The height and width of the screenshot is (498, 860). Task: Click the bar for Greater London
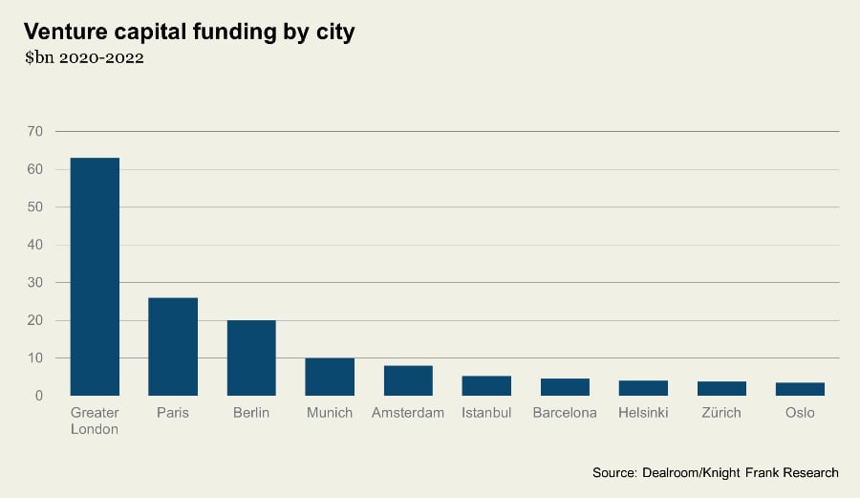pos(95,276)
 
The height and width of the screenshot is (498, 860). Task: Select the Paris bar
pos(173,346)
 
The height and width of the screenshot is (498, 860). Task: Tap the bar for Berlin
pos(251,357)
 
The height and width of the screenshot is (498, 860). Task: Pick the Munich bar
pos(330,377)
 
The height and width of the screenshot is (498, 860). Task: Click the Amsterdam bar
pos(408,380)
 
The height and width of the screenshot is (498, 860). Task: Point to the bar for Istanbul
pos(486,385)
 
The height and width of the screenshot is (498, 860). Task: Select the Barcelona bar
pos(565,387)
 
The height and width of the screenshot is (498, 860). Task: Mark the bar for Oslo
pos(800,389)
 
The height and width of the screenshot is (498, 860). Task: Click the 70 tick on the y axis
pos(35,131)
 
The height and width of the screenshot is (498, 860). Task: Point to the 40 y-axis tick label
pos(35,245)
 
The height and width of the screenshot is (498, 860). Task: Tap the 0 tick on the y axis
pos(39,396)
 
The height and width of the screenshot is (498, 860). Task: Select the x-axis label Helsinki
pos(643,413)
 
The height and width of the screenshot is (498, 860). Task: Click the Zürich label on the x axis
pos(721,413)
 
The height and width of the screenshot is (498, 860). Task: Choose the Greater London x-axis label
pos(95,421)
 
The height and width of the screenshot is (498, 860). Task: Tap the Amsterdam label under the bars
pos(408,413)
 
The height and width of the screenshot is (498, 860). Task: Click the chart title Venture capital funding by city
pos(189,32)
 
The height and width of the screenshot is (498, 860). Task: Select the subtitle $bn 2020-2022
pos(84,58)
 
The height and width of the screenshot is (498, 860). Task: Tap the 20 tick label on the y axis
pos(35,320)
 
